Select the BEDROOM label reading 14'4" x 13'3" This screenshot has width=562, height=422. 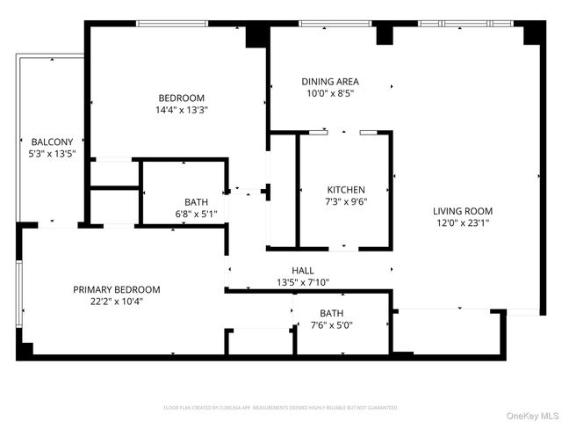[x=182, y=98]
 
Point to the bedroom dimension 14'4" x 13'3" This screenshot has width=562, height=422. [x=182, y=110]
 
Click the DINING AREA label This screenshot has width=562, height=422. [x=330, y=82]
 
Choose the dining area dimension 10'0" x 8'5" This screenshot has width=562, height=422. [x=330, y=94]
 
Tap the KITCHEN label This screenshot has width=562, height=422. [x=346, y=190]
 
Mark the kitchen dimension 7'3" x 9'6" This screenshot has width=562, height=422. [x=346, y=201]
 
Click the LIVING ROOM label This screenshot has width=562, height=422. [x=463, y=211]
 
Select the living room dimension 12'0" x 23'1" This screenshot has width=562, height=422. [x=463, y=223]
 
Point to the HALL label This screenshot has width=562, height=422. [x=303, y=271]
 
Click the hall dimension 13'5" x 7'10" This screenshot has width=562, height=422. [x=303, y=283]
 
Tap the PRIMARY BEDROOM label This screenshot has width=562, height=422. [x=117, y=289]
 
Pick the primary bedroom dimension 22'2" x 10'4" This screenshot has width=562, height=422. [x=117, y=302]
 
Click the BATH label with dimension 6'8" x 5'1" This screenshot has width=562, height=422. [x=196, y=202]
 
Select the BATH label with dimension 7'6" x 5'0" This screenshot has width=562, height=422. [x=332, y=313]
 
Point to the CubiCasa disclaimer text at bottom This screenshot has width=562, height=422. [x=280, y=408]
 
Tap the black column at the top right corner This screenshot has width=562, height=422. [x=534, y=33]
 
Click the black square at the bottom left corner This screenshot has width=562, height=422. [x=24, y=350]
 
